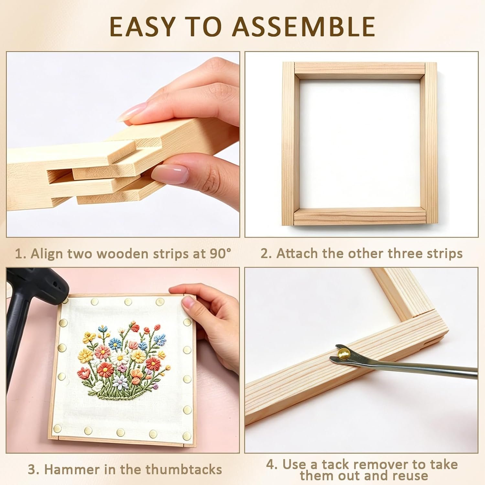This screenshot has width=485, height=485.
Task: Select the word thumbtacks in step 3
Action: click(x=184, y=469)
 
